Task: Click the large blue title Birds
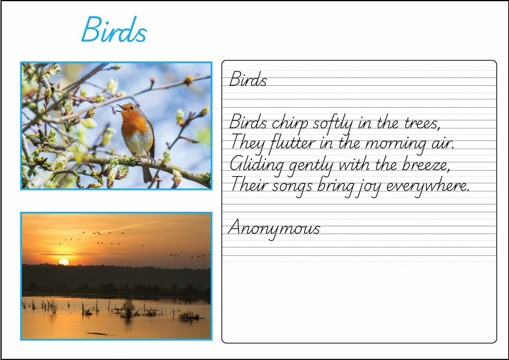pyautogui.click(x=114, y=30)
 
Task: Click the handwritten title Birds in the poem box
pyautogui.click(x=248, y=80)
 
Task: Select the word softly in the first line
pyautogui.click(x=334, y=123)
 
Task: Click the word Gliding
pyautogui.click(x=253, y=165)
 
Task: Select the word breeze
pyautogui.click(x=424, y=165)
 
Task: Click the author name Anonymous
pyautogui.click(x=274, y=229)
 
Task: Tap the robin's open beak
pyautogui.click(x=119, y=108)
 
